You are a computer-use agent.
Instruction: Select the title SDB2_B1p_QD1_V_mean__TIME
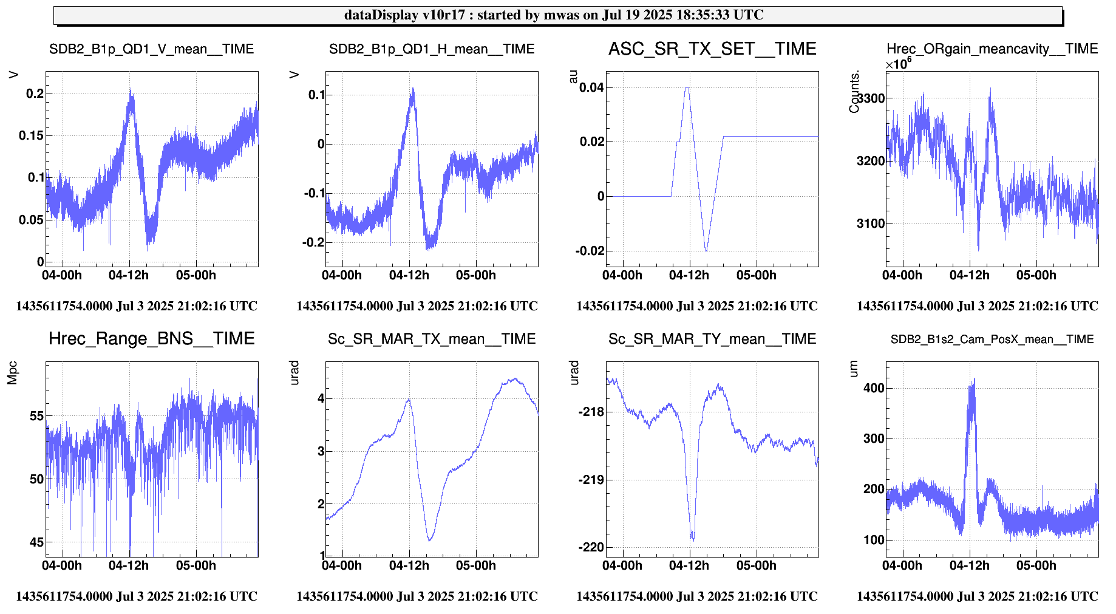point(151,49)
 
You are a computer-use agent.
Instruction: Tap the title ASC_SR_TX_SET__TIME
point(712,49)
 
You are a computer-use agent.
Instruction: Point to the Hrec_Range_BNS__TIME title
point(151,339)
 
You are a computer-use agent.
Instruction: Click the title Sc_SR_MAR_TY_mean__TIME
point(712,339)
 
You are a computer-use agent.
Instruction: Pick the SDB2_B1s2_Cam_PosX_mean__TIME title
point(992,339)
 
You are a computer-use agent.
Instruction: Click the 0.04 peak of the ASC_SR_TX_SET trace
point(687,88)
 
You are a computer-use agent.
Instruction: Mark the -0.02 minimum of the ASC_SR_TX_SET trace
point(706,250)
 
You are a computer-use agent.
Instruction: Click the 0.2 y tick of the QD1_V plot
point(35,94)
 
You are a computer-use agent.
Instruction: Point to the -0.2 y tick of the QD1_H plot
point(313,242)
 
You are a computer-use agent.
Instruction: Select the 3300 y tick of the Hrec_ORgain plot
point(871,98)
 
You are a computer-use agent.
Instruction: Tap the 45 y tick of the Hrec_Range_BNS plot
point(36,542)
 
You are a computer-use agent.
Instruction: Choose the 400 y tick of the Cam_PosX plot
point(874,389)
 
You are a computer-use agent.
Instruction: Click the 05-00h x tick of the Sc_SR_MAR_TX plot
point(475,565)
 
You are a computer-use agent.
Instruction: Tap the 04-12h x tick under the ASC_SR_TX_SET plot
point(689,275)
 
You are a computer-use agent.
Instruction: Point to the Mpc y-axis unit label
point(12,373)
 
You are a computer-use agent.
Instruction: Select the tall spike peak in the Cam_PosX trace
point(974,380)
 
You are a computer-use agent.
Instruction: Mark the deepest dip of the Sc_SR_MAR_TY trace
point(693,540)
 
